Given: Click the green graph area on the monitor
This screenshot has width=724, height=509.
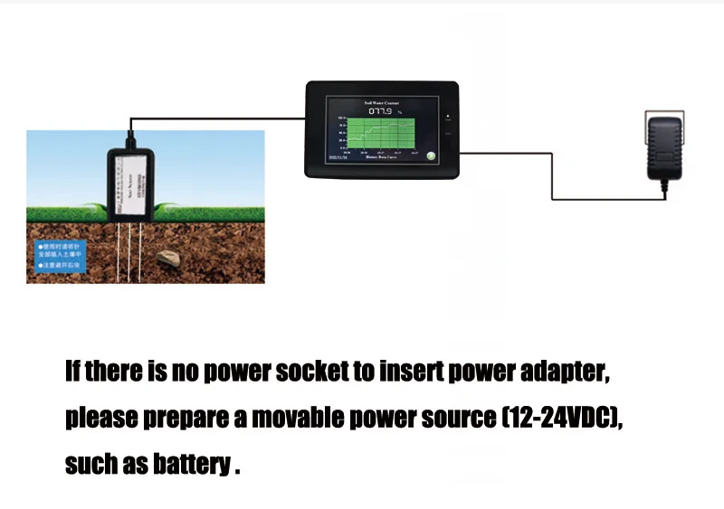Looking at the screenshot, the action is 381,134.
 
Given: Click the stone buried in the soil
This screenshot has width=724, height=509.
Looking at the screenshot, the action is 168,260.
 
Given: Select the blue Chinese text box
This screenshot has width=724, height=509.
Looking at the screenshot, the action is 60,255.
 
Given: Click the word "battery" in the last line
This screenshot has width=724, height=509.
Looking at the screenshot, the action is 192,464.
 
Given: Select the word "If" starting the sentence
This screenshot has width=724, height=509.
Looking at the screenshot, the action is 73,372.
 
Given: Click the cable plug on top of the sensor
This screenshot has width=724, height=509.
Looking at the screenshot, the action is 129,140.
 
